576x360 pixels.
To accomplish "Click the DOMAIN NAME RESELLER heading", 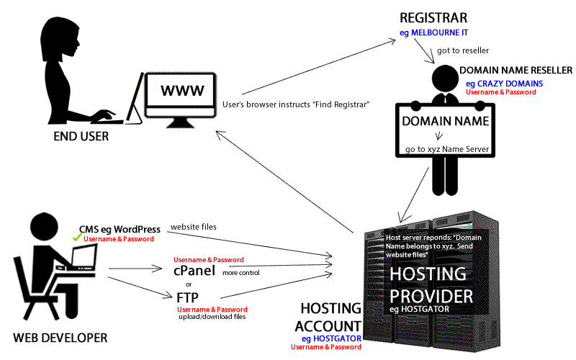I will click(x=516, y=71).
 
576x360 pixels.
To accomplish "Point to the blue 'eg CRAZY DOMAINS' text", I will click(x=504, y=84).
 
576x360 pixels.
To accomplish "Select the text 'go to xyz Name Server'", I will click(x=447, y=149).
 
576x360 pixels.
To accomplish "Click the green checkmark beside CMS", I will click(x=76, y=236).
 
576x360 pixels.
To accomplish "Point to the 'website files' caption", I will click(x=194, y=227).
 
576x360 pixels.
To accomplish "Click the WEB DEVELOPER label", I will click(x=60, y=337).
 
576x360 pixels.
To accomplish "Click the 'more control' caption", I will click(x=240, y=274).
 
